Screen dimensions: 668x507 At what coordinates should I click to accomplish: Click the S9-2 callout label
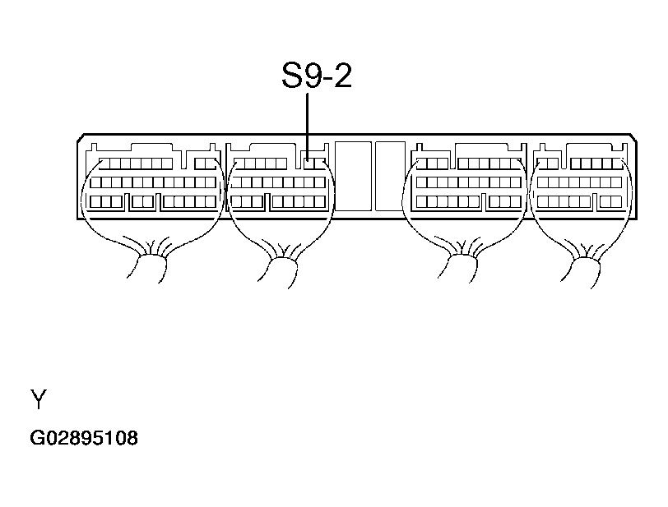[317, 76]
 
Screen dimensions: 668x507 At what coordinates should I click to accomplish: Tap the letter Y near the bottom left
[39, 399]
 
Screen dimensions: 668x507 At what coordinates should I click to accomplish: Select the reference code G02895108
[84, 438]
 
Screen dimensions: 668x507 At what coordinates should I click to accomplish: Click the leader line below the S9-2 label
[307, 127]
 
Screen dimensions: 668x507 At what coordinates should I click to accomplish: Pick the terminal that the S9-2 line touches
[309, 164]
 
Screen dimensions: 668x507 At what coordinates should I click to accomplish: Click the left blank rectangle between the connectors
[353, 176]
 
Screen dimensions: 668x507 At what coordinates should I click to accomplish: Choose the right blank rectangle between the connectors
[390, 176]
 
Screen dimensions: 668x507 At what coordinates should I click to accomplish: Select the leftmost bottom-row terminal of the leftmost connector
[95, 202]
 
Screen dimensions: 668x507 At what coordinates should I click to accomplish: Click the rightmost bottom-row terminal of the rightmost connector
[616, 202]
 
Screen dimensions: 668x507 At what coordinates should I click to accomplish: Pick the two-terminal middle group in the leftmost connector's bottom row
[142, 202]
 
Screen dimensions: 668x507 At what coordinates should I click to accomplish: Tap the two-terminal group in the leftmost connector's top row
[205, 164]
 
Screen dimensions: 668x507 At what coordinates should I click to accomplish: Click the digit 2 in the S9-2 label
[343, 76]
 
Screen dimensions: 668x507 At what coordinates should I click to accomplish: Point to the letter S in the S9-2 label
[292, 76]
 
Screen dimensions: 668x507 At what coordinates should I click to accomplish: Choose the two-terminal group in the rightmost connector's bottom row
[611, 202]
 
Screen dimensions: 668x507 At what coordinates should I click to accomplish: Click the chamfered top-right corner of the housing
[634, 137]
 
